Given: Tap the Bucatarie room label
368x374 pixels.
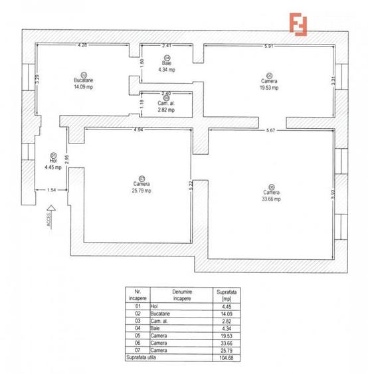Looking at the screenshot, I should click(x=84, y=80).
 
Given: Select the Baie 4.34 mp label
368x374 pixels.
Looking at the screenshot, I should click(x=167, y=65).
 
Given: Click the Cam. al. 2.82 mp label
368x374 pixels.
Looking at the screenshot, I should click(x=166, y=107).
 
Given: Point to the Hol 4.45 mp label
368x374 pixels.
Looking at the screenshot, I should click(x=52, y=163).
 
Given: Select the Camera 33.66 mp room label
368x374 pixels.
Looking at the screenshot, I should click(x=270, y=194).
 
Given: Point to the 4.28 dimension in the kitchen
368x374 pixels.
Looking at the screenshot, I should click(x=82, y=45).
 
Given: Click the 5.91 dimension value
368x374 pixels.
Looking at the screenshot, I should click(x=268, y=45).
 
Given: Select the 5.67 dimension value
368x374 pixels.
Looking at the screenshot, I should click(x=271, y=130).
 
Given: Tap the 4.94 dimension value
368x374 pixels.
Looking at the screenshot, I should click(x=139, y=130).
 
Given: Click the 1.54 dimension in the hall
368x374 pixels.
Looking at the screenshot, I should click(x=51, y=190).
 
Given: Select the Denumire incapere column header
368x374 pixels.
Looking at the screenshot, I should click(x=177, y=294).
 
